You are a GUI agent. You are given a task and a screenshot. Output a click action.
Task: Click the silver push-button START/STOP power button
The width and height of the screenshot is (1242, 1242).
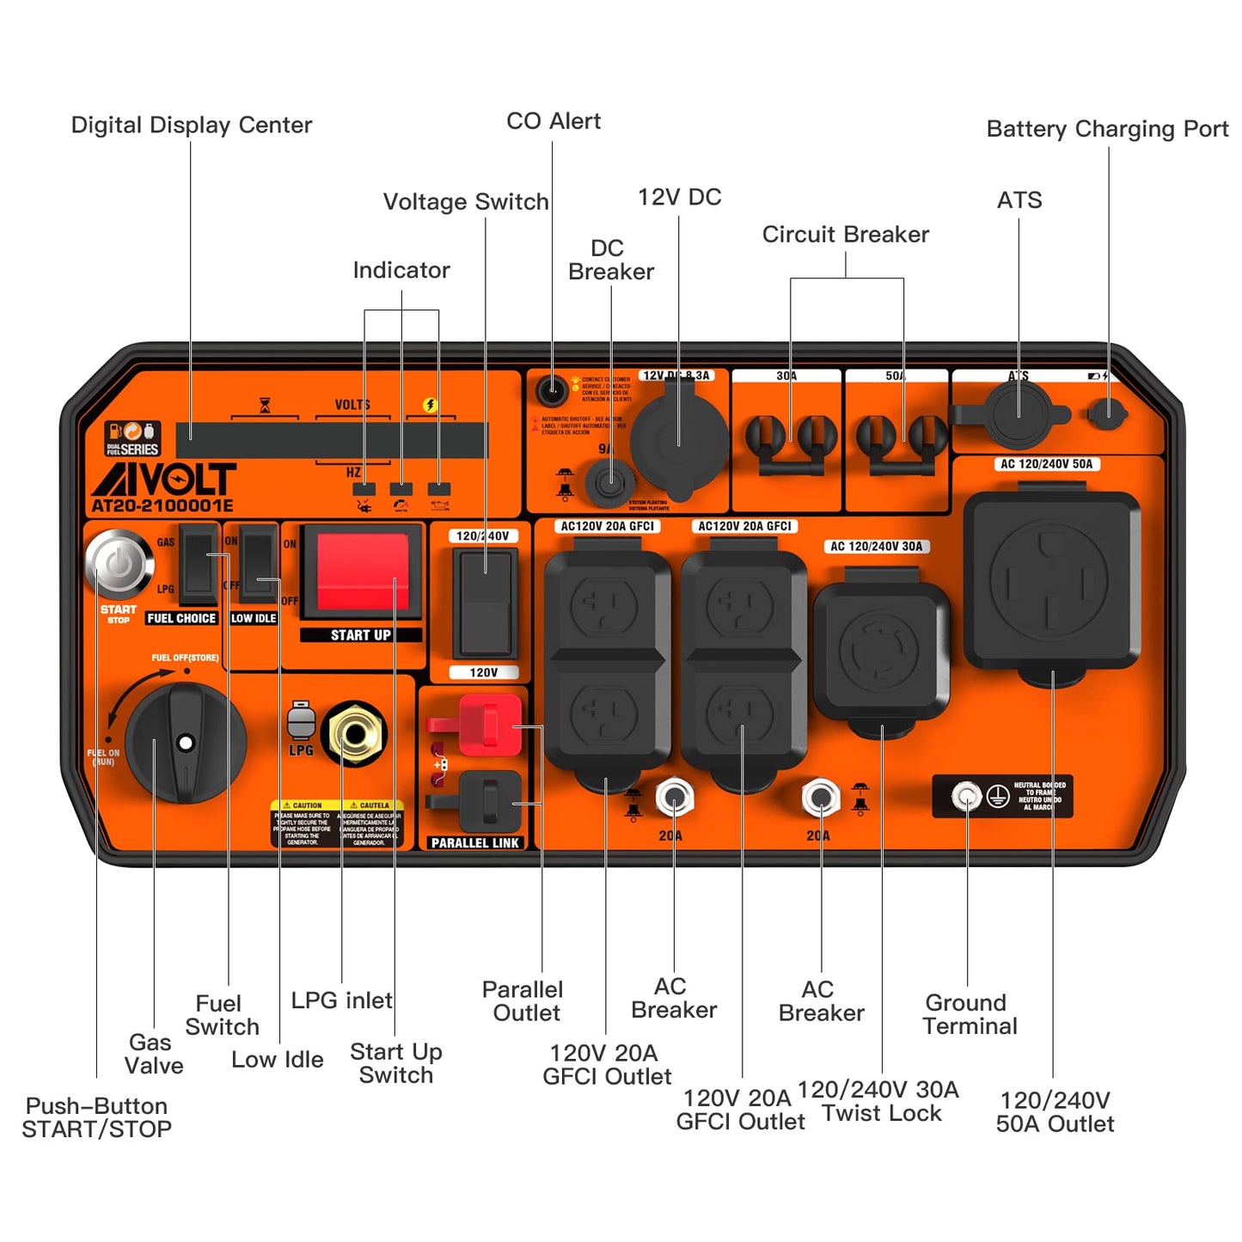[119, 564]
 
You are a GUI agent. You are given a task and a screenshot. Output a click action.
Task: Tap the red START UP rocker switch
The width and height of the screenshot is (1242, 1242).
[362, 572]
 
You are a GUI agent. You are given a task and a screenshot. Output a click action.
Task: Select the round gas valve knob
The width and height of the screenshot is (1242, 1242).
[185, 743]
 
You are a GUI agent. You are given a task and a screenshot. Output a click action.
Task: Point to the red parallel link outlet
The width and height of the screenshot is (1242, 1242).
[487, 725]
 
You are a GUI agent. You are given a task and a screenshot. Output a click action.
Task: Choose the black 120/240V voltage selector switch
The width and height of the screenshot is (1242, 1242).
[485, 603]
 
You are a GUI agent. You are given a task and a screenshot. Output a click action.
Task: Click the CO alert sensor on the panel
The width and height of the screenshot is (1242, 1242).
[551, 391]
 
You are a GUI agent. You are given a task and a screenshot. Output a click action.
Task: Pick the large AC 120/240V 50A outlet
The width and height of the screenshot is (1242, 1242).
[1051, 581]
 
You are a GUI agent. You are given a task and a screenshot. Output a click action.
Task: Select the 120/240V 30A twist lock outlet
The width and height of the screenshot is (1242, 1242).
[880, 651]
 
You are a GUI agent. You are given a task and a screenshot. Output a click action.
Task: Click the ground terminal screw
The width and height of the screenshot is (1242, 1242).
[967, 797]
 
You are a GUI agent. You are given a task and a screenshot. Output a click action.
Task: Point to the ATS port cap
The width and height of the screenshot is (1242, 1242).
[1019, 413]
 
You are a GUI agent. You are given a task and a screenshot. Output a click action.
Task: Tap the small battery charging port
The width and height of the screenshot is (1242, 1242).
[1107, 414]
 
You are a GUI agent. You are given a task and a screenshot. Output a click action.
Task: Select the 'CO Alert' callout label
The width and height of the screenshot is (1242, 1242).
[553, 121]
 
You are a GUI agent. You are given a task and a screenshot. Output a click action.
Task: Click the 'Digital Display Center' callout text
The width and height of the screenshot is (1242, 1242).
[191, 125]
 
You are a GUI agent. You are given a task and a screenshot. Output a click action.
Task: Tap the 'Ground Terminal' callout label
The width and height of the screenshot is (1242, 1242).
[969, 1014]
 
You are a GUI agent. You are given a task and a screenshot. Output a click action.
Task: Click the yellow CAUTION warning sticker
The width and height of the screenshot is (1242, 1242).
[338, 824]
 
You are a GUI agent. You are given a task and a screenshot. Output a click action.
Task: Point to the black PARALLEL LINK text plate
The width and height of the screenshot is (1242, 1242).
[474, 843]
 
